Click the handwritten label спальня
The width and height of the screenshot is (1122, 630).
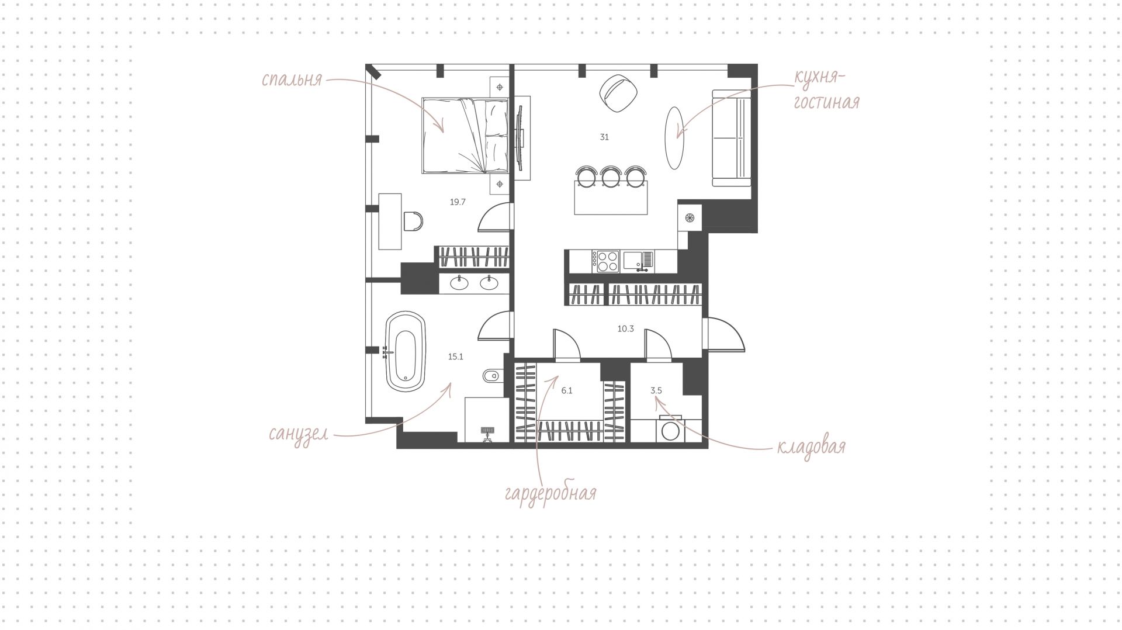tap(292, 79)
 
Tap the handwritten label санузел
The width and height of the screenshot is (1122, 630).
tap(298, 434)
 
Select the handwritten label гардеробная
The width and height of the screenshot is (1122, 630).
tap(550, 493)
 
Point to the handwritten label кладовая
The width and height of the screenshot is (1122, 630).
tap(811, 447)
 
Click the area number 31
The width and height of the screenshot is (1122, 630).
tap(604, 137)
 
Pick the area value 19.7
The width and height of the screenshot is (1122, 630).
tap(458, 202)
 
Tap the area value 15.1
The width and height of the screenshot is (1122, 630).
tap(456, 356)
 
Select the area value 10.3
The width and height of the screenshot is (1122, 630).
tap(625, 329)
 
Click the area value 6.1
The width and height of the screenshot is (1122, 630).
tap(567, 390)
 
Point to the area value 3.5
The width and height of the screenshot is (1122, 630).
tap(656, 390)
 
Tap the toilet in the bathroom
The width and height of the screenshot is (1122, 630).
tap(493, 376)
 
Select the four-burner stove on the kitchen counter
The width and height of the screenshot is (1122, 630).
tap(606, 261)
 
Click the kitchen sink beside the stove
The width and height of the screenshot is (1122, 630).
tap(638, 261)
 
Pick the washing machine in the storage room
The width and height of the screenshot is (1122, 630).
tap(670, 430)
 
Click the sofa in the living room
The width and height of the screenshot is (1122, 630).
tap(732, 138)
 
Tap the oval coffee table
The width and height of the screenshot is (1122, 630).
tap(674, 138)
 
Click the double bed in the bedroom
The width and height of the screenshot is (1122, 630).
tap(465, 136)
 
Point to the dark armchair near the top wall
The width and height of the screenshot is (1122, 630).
tap(617, 94)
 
